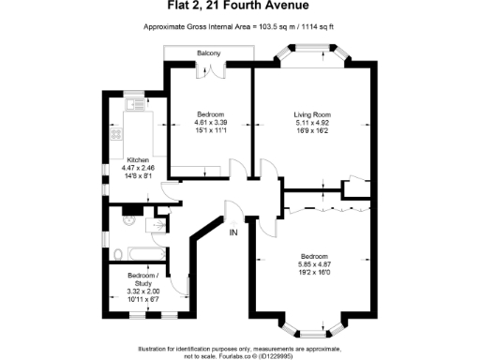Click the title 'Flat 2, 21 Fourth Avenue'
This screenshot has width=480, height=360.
(x=240, y=9)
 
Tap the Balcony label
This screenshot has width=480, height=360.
(x=209, y=53)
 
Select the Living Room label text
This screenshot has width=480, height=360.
(x=312, y=113)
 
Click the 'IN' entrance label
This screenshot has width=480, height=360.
(x=232, y=232)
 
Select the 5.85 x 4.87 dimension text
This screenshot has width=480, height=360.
(x=313, y=264)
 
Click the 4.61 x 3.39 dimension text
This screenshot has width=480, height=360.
(x=210, y=121)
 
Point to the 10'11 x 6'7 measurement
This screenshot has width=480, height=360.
(x=142, y=298)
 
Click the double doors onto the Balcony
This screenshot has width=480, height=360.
(x=209, y=68)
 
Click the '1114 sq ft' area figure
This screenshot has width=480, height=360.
(x=318, y=28)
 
